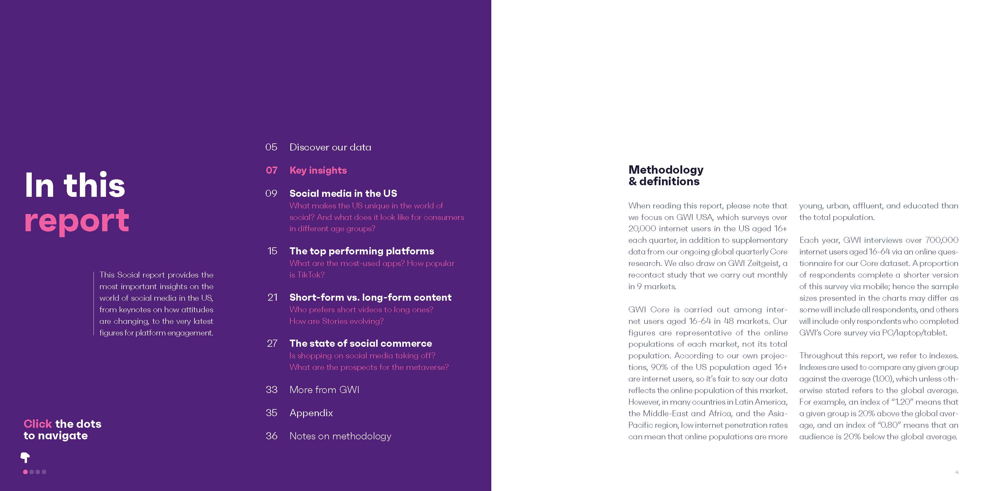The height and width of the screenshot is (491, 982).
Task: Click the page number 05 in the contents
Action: (x=271, y=147)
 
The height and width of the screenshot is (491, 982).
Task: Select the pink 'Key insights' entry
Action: (x=318, y=170)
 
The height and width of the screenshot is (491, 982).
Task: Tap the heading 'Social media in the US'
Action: (x=343, y=193)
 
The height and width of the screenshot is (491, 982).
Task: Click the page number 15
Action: (x=272, y=251)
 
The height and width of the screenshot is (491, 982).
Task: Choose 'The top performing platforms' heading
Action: (x=361, y=251)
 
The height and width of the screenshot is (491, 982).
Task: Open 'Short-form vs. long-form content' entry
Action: (x=370, y=297)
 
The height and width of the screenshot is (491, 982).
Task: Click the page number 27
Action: (x=272, y=343)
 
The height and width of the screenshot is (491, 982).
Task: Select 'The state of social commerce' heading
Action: (x=360, y=343)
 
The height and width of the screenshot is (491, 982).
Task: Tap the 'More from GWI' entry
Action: (x=324, y=389)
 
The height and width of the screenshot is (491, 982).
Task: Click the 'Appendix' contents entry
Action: (x=311, y=413)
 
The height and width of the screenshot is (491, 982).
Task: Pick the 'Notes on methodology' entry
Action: (x=340, y=436)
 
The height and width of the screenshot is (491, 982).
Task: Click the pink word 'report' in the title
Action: (x=77, y=221)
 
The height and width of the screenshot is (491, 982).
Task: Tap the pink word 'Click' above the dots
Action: (x=37, y=424)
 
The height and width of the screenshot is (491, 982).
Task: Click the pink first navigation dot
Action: (x=26, y=472)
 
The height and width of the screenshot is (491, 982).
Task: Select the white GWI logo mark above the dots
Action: (x=25, y=457)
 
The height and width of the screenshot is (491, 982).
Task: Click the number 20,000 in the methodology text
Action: (x=642, y=229)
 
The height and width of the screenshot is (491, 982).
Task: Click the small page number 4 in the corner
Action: (x=956, y=472)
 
